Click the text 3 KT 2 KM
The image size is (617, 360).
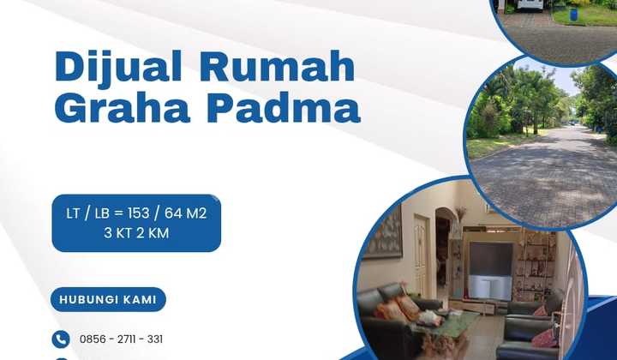coord(135,232)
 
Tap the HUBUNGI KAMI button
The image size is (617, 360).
coord(108,300)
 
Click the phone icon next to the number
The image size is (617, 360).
coord(60,339)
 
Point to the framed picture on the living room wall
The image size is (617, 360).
coord(386,232)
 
